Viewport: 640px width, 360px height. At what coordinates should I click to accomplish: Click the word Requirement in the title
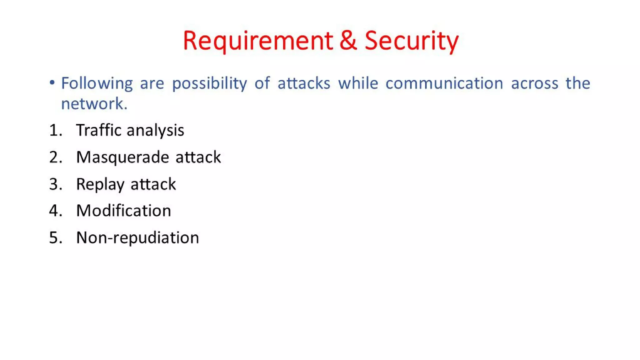coord(258,41)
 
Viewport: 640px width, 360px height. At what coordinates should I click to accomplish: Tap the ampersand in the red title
coord(348,41)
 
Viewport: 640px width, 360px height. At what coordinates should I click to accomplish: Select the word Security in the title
coord(411,41)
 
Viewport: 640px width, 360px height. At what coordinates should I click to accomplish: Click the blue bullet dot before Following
coord(52,83)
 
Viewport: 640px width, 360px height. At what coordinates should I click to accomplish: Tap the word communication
coord(444,83)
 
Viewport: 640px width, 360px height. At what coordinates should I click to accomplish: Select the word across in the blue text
coord(534,83)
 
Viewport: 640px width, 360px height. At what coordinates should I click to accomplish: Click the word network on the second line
coord(94,103)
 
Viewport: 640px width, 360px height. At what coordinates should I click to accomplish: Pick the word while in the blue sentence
coord(358,83)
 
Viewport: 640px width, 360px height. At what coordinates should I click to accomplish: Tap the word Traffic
coord(98,130)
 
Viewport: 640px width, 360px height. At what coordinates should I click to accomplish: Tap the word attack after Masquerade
coord(198,157)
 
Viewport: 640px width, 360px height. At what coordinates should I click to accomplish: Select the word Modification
coord(123,211)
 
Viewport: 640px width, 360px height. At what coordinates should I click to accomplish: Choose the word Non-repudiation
coord(137,238)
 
